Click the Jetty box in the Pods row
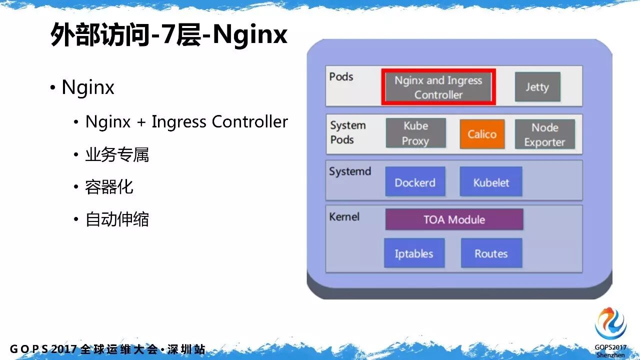click(537, 86)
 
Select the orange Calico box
click(482, 134)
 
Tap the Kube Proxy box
click(415, 133)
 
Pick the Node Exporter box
click(545, 134)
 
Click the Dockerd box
click(415, 181)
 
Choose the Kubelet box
click(491, 181)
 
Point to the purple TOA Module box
click(454, 219)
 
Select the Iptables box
click(414, 253)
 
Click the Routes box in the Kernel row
click(491, 253)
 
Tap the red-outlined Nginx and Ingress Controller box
click(438, 87)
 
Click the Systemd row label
click(350, 171)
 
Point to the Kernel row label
click(344, 216)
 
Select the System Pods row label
click(348, 132)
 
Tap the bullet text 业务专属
click(117, 155)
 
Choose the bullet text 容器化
click(109, 187)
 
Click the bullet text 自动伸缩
click(117, 219)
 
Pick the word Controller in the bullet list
click(249, 121)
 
